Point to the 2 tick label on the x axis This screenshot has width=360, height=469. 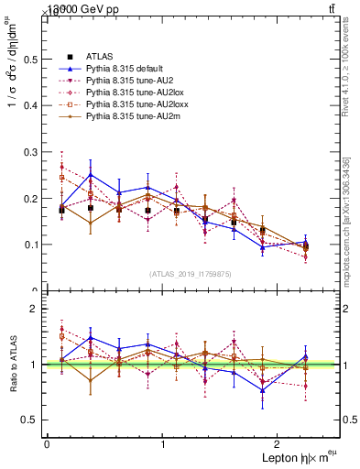coord(279,444)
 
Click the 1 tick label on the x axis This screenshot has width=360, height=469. coord(163,444)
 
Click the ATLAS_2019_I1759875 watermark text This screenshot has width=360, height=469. coord(191,273)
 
